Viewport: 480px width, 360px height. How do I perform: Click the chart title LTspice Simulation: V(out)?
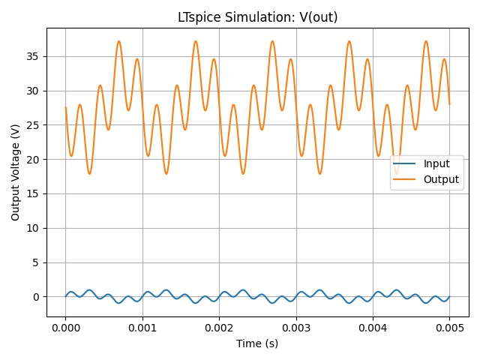point(257,17)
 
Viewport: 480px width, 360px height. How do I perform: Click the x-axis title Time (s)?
point(257,343)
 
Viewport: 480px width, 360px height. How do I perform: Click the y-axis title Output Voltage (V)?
point(16,172)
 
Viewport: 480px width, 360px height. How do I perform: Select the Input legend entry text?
point(436,164)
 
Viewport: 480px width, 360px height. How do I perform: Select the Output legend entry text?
point(441,179)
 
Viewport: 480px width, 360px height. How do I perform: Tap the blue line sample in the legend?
point(406,164)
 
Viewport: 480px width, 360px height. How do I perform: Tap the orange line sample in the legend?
point(406,179)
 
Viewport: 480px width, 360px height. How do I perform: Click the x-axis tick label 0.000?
point(65,328)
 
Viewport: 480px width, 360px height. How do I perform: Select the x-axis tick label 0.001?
point(142,328)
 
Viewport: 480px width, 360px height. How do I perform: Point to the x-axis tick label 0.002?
point(219,328)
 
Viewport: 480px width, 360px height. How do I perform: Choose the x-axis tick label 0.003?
point(296,328)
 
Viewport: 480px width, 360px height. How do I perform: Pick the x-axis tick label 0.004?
point(373,328)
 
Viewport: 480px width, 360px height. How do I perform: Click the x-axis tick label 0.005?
point(449,328)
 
